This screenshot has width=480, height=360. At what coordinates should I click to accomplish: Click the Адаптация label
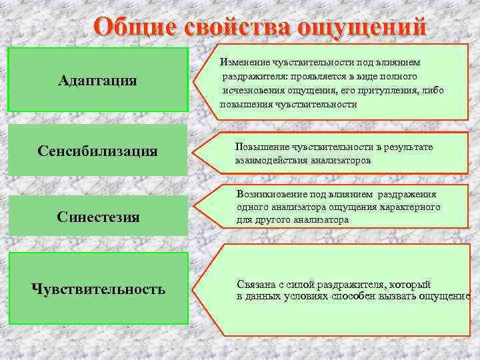pos(97,81)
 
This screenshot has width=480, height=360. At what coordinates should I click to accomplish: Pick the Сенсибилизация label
pos(97,151)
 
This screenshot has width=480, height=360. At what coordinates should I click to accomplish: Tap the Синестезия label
pos(98,217)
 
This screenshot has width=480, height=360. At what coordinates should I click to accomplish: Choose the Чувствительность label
pos(98,289)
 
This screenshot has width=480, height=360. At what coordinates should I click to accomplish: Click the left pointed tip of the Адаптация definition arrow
pos(195,83)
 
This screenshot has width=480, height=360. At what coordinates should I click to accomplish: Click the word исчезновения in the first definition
pos(253,90)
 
